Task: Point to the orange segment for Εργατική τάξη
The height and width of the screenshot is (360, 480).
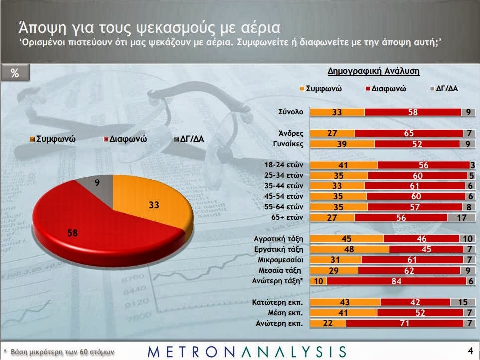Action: coord(349,249)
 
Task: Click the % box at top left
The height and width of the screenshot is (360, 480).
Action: coord(15,73)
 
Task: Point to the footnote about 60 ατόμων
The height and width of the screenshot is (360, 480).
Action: coord(59,351)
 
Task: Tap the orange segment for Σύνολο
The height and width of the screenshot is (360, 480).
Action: coord(337,112)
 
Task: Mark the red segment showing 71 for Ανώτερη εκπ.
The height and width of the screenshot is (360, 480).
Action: coord(402,323)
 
